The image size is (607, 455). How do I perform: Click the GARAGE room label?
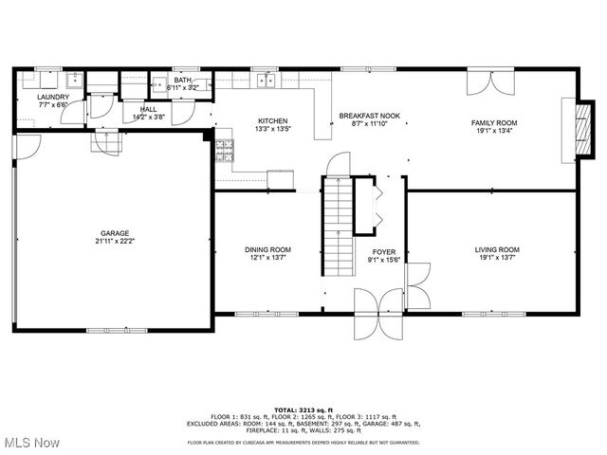pyautogui.click(x=116, y=233)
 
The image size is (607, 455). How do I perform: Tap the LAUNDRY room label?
pyautogui.click(x=52, y=97)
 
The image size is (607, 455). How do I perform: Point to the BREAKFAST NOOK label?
pyautogui.click(x=369, y=116)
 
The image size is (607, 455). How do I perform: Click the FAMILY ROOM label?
pyautogui.click(x=494, y=122)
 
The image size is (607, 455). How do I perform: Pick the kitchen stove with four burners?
pyautogui.click(x=224, y=149)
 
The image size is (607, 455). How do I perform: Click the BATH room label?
pyautogui.click(x=182, y=80)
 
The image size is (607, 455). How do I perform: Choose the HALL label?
pyautogui.click(x=148, y=109)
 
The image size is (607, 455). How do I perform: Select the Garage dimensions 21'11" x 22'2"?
pyautogui.click(x=116, y=242)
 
